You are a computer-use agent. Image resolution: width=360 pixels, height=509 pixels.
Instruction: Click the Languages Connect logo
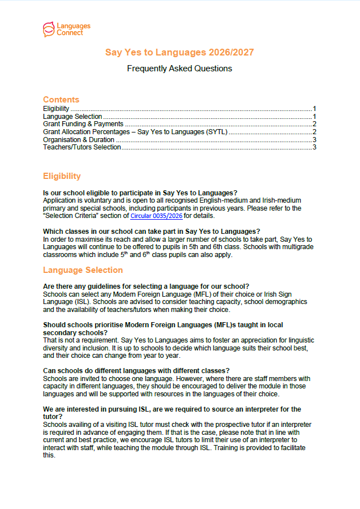click(x=66, y=28)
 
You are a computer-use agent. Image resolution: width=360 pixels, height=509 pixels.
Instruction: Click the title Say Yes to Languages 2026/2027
click(x=179, y=53)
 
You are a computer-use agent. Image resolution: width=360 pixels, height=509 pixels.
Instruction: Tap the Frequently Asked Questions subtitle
click(x=179, y=69)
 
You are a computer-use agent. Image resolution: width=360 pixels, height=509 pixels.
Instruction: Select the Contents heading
click(x=61, y=100)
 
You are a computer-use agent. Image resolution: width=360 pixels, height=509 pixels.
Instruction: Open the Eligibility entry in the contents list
click(x=57, y=108)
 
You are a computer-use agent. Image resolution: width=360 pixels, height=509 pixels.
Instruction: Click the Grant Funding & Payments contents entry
click(x=83, y=124)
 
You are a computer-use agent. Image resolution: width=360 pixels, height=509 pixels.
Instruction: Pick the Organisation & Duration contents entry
click(x=79, y=140)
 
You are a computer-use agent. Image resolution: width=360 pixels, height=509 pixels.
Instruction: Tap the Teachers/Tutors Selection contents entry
click(x=82, y=147)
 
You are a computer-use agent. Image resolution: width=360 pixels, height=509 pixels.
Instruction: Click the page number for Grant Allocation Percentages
click(x=314, y=132)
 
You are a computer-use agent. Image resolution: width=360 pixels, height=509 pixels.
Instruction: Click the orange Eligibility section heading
click(x=62, y=176)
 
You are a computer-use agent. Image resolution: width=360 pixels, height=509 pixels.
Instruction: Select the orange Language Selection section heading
click(x=83, y=270)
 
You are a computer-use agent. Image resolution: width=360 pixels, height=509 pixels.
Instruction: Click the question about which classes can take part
click(x=151, y=231)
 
